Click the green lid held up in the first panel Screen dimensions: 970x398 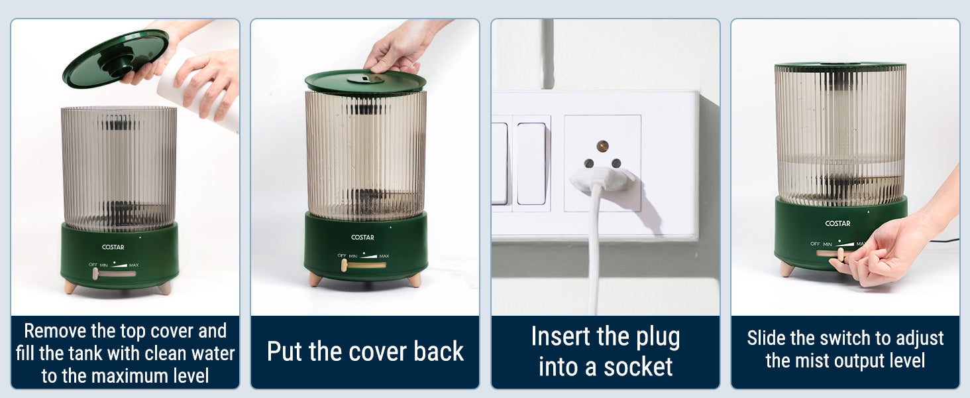tap(115, 58)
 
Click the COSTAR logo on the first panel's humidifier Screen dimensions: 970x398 tap(113, 247)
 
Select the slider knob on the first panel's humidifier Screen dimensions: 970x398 tap(95, 273)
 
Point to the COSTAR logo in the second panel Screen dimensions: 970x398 tap(362, 237)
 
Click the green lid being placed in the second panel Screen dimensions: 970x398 tap(365, 82)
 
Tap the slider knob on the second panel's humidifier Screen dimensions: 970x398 tap(345, 265)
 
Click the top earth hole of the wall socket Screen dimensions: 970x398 tap(602, 146)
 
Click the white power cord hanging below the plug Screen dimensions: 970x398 tap(595, 251)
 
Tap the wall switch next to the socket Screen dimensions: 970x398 tap(531, 163)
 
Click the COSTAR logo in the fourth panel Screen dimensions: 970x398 tap(837, 224)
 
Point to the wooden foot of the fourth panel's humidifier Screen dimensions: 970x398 tap(787, 269)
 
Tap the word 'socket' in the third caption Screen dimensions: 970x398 tap(638, 367)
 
